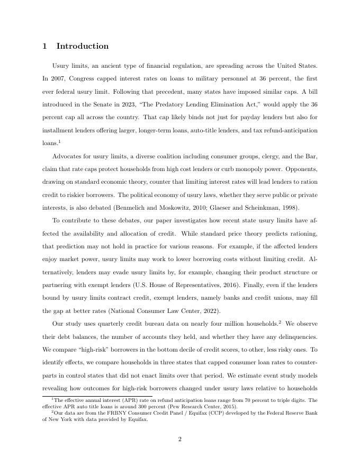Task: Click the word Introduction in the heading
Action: point(82,46)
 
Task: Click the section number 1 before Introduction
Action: point(44,46)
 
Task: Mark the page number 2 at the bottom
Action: point(180,438)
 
